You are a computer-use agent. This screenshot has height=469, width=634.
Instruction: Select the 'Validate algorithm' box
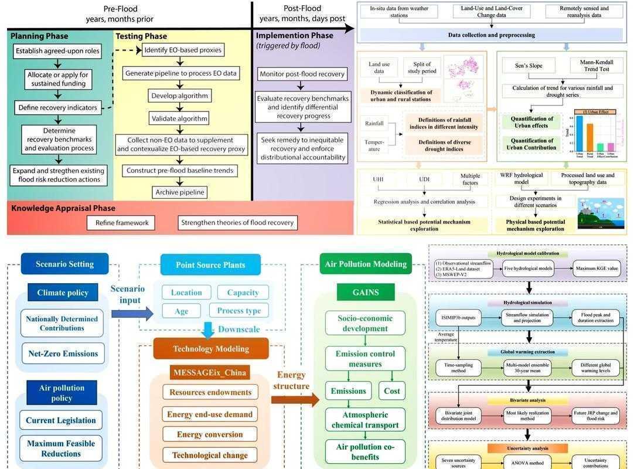(180, 118)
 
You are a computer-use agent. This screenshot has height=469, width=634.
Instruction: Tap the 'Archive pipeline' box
(180, 192)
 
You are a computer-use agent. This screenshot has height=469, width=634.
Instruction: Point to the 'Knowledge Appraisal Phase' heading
(63, 208)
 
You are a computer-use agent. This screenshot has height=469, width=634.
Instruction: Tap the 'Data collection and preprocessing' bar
(491, 35)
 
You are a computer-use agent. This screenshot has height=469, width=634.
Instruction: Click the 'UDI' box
(424, 179)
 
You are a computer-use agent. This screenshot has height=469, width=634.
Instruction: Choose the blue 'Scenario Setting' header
(64, 264)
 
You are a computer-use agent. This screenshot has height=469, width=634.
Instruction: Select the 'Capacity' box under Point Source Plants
(243, 293)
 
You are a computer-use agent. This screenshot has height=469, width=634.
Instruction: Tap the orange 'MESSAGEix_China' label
(210, 372)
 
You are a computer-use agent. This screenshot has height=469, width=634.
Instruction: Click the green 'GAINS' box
(365, 292)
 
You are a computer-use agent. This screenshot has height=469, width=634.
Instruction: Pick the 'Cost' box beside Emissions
(391, 391)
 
